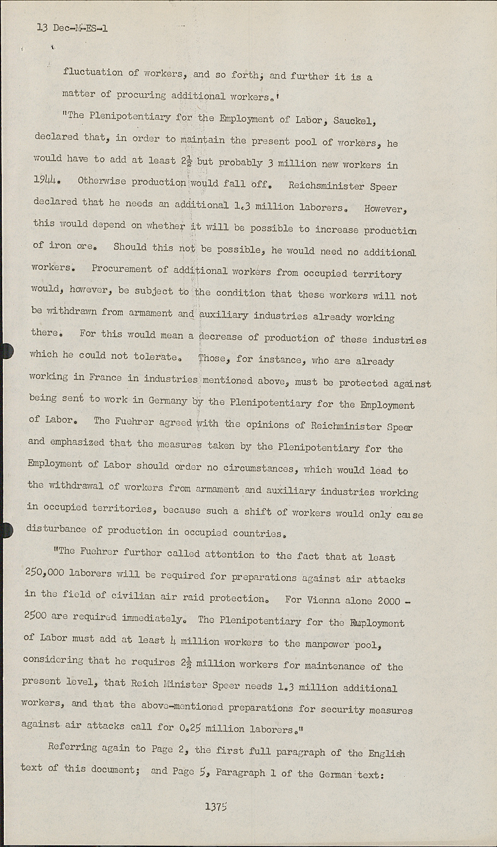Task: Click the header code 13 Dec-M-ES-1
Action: point(71,28)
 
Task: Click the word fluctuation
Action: point(93,72)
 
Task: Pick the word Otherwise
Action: point(102,181)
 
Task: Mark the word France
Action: point(107,377)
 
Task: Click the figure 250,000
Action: point(44,573)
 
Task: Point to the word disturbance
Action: point(54,530)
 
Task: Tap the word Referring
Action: point(72,747)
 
